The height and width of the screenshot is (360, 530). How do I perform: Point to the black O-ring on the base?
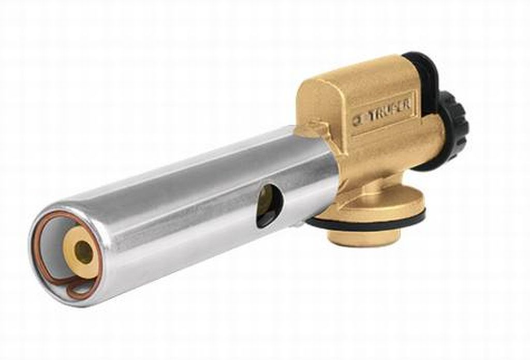click(368, 219)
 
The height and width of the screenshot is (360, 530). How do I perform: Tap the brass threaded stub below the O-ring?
click(364, 239)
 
